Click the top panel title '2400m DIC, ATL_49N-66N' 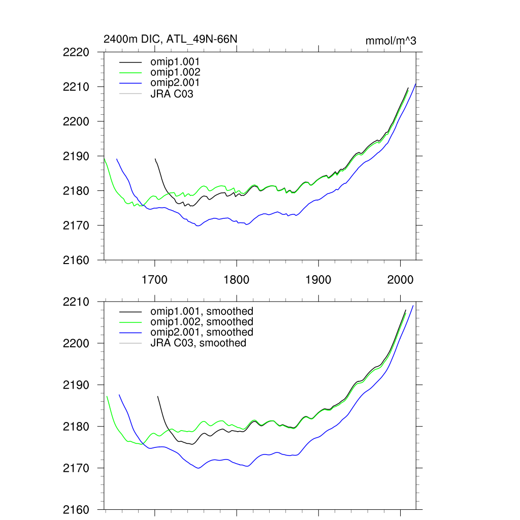(170, 39)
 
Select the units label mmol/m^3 (391, 41)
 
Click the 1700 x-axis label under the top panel (154, 279)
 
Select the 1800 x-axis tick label (236, 279)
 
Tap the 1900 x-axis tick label (318, 279)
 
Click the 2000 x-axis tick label (400, 279)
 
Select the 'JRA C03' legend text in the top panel (172, 93)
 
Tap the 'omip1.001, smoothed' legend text (202, 311)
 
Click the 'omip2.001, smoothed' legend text (202, 332)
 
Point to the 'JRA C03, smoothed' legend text (198, 343)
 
